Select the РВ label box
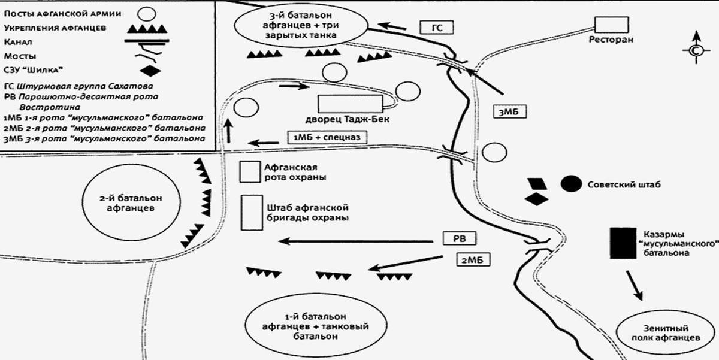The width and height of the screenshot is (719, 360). pyautogui.click(x=458, y=239)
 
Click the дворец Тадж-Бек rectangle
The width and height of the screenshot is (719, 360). pyautogui.click(x=349, y=104)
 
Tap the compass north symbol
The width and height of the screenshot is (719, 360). pyautogui.click(x=695, y=51)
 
